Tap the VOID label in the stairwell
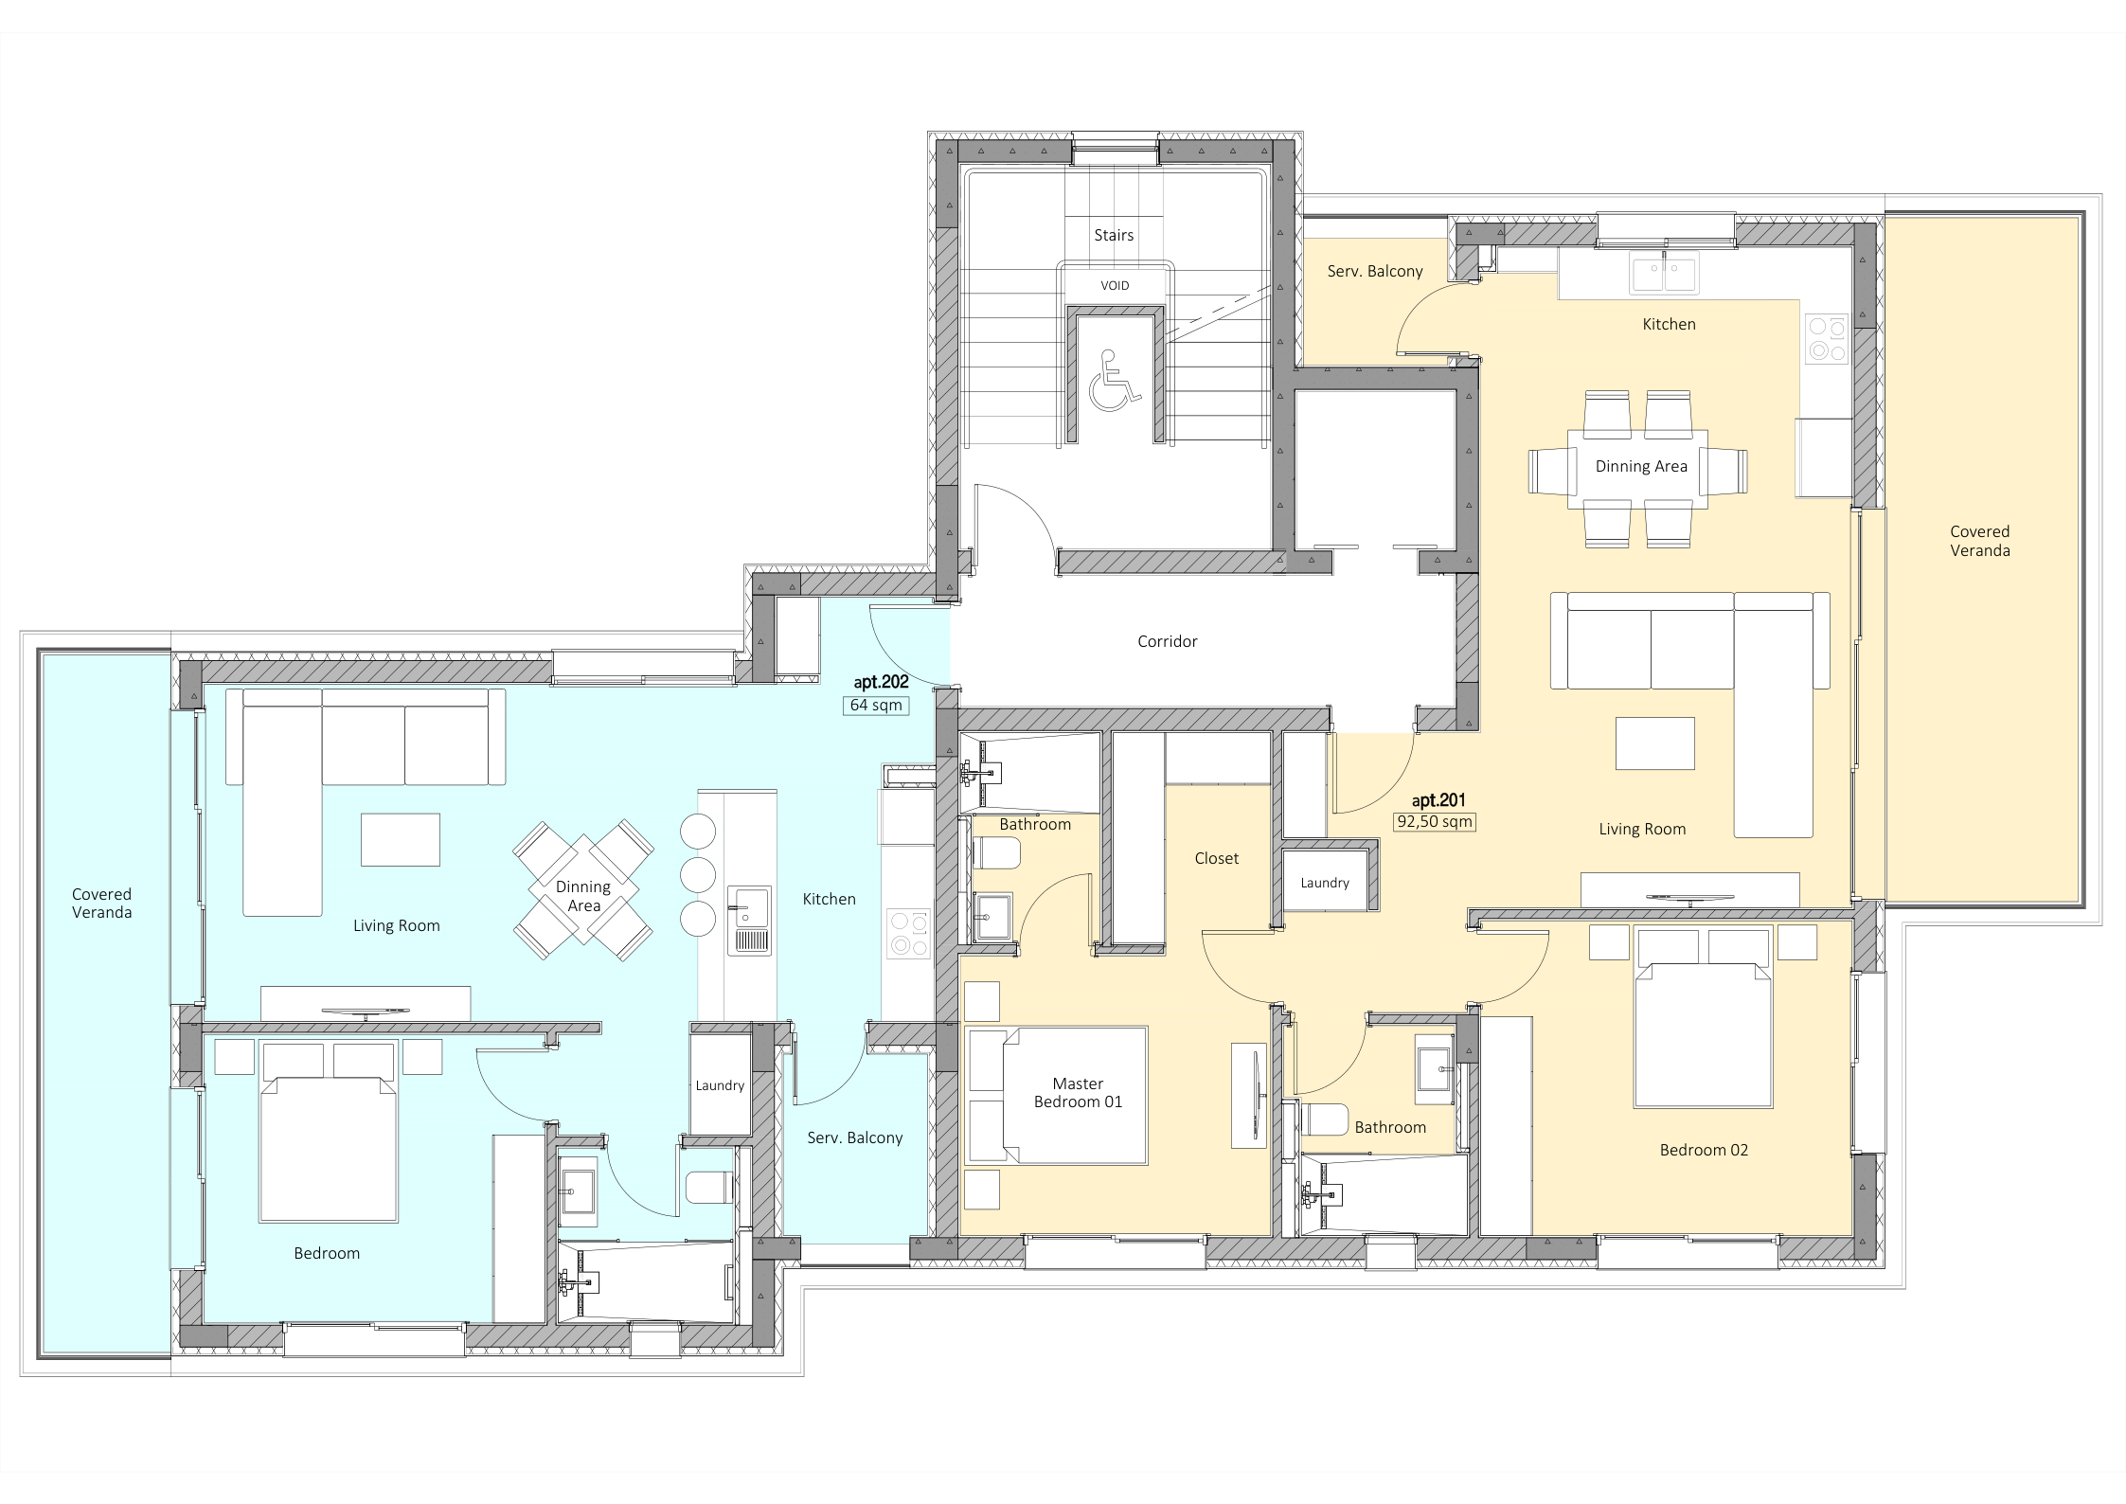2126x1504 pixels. pyautogui.click(x=1115, y=285)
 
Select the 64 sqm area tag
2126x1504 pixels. pyautogui.click(x=876, y=705)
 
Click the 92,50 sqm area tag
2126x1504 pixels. pyautogui.click(x=1435, y=821)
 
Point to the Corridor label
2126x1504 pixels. pyautogui.click(x=1168, y=641)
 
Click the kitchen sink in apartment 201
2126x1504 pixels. pyautogui.click(x=1663, y=272)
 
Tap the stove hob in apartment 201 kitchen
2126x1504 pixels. pyautogui.click(x=1826, y=339)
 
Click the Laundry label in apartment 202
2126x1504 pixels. pyautogui.click(x=720, y=1085)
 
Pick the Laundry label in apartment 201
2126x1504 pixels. pyautogui.click(x=1325, y=883)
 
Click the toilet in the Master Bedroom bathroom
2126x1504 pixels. pyautogui.click(x=994, y=855)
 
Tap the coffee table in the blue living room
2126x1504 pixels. pyautogui.click(x=400, y=839)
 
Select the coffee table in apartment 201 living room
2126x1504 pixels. pyautogui.click(x=1655, y=743)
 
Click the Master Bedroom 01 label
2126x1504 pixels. pyautogui.click(x=1078, y=1092)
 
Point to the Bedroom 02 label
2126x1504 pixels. pyautogui.click(x=1704, y=1150)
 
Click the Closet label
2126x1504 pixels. pyautogui.click(x=1216, y=858)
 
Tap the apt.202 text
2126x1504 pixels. pyautogui.click(x=881, y=682)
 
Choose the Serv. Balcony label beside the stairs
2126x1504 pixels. pyautogui.click(x=1375, y=271)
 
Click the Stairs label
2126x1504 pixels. pyautogui.click(x=1114, y=235)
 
